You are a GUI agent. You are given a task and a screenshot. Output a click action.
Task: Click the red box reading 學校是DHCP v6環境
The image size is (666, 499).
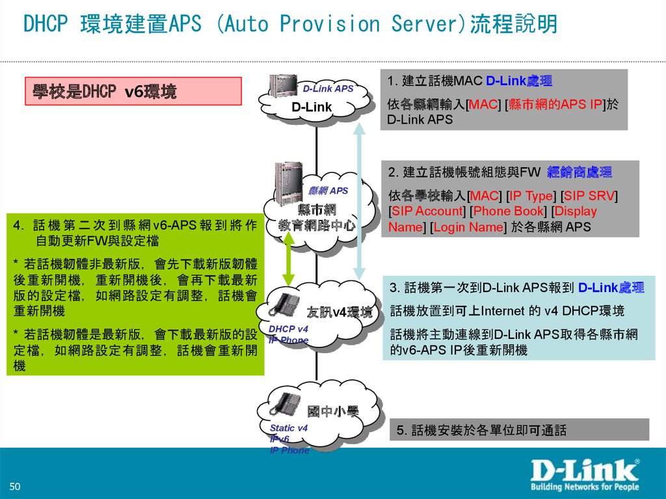pyautogui.click(x=133, y=92)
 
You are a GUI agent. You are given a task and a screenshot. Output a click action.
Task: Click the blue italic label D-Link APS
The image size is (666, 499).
pyautogui.click(x=328, y=88)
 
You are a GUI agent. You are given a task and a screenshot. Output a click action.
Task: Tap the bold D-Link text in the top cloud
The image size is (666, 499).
pyautogui.click(x=312, y=107)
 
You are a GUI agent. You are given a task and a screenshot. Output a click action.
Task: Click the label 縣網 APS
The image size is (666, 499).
pyautogui.click(x=328, y=191)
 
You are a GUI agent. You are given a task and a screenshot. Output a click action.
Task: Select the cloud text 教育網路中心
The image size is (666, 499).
pyautogui.click(x=317, y=225)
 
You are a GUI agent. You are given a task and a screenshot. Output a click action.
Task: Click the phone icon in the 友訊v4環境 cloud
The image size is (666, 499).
pyautogui.click(x=286, y=304)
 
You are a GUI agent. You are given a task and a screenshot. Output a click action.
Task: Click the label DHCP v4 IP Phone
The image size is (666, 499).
pyautogui.click(x=288, y=334)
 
